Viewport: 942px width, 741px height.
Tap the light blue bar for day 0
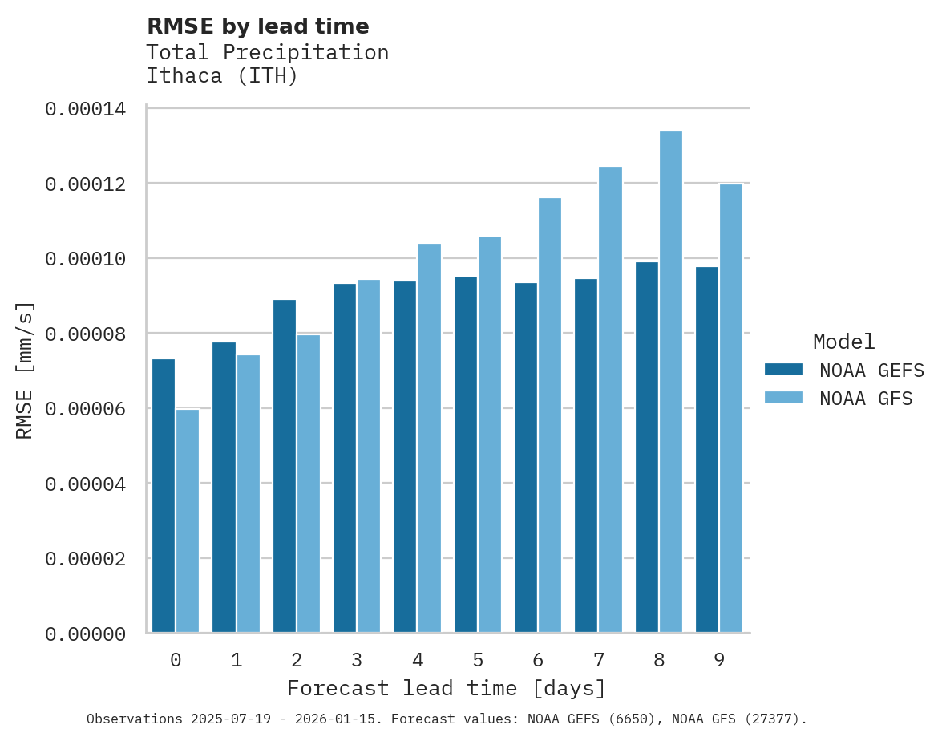tap(188, 520)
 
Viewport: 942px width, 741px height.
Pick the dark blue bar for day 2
tap(285, 466)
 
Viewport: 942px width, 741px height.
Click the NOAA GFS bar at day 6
tap(550, 415)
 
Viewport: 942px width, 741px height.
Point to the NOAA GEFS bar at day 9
tap(707, 449)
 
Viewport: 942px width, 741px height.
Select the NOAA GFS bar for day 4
tap(429, 438)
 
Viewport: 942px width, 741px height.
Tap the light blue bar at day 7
tap(610, 399)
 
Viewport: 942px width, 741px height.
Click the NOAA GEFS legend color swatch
tap(783, 369)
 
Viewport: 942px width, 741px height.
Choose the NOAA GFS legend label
tap(866, 398)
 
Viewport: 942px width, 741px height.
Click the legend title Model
tap(843, 342)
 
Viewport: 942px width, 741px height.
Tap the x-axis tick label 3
tap(357, 660)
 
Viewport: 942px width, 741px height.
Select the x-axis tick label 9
tap(719, 660)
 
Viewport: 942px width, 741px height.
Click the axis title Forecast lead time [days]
tap(447, 688)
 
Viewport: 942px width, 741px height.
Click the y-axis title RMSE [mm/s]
tap(25, 370)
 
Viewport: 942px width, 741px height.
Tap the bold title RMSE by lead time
tap(257, 26)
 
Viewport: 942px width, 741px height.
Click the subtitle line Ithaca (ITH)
tap(222, 76)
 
